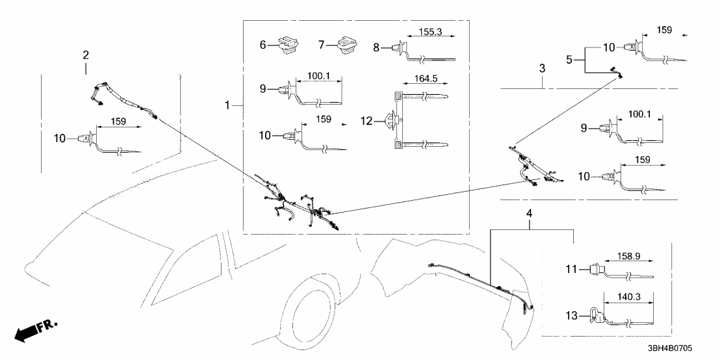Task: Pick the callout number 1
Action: tap(227, 105)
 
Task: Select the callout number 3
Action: tap(542, 68)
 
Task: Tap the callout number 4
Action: tap(529, 213)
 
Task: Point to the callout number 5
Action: tap(570, 60)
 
